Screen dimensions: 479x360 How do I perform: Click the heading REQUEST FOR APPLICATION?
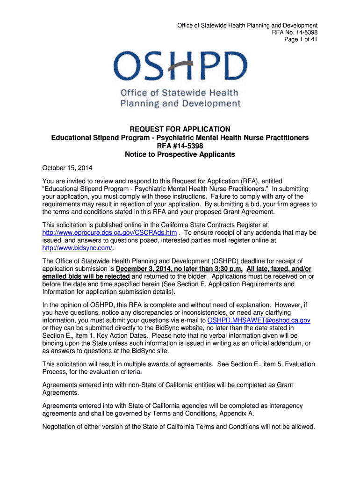tap(180, 129)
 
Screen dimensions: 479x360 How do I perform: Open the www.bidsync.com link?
tap(77, 248)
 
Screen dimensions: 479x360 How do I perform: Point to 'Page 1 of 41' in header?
tap(301, 40)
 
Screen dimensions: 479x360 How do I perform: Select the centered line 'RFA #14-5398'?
tap(180, 146)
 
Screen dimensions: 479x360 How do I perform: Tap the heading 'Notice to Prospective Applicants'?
tap(180, 154)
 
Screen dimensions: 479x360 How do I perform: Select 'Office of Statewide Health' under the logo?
tap(180, 93)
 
